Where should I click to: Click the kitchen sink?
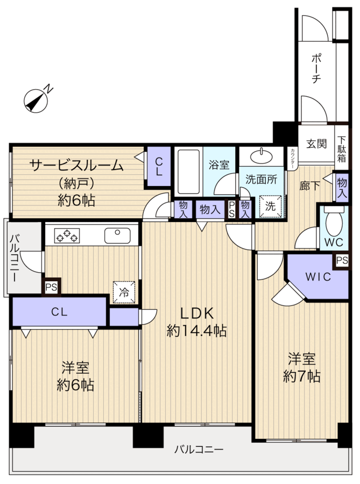point(117,235)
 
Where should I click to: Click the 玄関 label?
point(316,144)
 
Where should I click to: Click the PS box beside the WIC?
point(341,261)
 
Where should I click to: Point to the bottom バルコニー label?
point(198,450)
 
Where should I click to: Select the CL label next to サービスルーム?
point(159,167)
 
